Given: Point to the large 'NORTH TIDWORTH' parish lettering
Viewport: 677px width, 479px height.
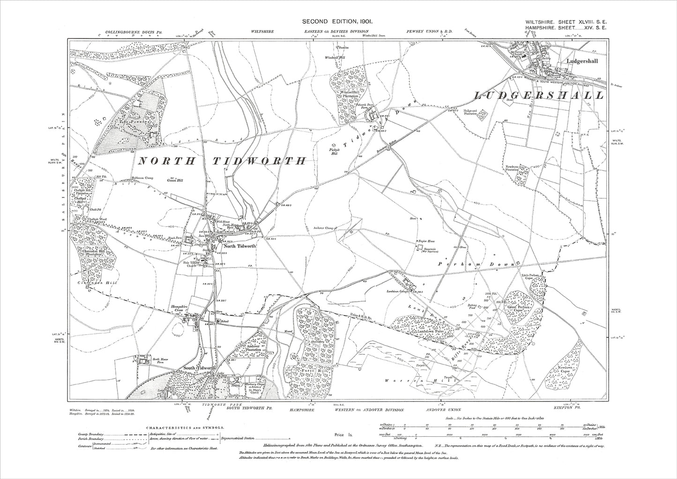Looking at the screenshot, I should pos(222,161).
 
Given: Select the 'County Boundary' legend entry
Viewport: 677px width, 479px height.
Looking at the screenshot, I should pos(91,434).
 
